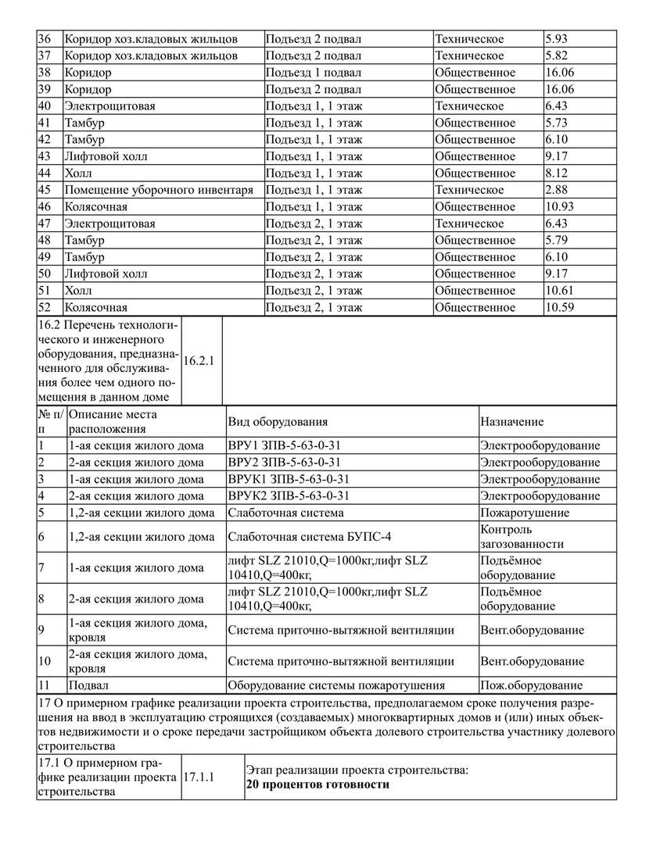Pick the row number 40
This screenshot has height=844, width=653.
45,106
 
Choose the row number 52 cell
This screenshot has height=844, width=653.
45,307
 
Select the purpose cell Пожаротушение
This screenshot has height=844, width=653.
525,513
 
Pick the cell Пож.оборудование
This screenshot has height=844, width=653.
531,686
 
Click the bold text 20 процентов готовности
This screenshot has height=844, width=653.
317,785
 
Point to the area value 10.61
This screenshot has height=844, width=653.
560,291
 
